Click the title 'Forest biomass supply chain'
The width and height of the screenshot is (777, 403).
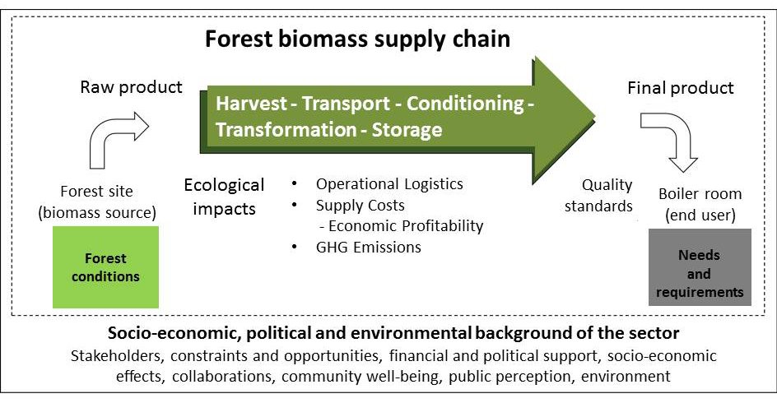(357, 39)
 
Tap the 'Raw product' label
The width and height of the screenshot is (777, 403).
(132, 87)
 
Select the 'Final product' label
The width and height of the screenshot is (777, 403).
(681, 88)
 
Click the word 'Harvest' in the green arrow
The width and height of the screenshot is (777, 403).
(251, 104)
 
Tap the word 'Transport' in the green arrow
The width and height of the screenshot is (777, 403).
(346, 104)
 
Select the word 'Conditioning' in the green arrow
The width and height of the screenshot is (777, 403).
(465, 104)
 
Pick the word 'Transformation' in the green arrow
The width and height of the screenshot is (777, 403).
(286, 130)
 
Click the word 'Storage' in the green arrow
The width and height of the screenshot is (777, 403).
(407, 130)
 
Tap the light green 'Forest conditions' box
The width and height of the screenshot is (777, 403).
(105, 267)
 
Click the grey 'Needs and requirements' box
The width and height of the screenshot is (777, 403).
(700, 267)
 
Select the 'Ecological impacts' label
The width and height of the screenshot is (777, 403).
(224, 197)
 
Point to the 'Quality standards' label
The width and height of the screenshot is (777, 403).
(598, 195)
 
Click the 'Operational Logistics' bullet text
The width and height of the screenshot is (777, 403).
(389, 184)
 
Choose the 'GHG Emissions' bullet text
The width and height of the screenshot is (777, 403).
(369, 247)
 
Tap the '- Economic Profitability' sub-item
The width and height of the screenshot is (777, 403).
(401, 225)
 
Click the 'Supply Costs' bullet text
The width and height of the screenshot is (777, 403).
(361, 205)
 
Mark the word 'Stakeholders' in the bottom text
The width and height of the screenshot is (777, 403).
(116, 356)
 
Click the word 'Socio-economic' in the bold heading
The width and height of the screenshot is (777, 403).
(174, 333)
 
